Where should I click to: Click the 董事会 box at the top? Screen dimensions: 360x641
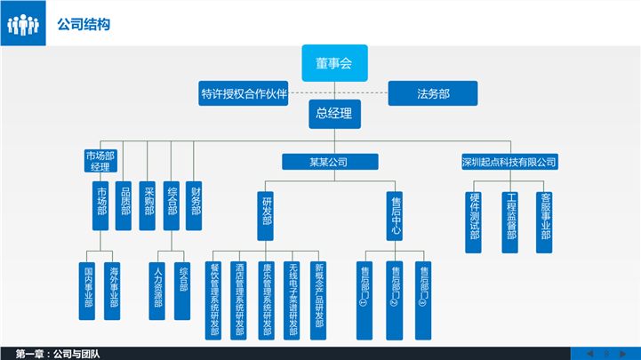(x=333, y=62)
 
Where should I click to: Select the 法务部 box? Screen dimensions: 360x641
(x=432, y=92)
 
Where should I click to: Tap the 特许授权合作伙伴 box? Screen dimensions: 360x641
(x=244, y=93)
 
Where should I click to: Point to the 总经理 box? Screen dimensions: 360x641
(x=333, y=113)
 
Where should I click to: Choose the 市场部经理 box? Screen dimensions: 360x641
(x=100, y=161)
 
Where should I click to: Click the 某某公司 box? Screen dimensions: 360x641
(x=327, y=162)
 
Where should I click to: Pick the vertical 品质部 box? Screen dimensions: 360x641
(x=125, y=205)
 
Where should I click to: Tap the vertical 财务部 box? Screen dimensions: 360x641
(x=196, y=205)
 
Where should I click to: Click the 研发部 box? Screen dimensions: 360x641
(x=266, y=216)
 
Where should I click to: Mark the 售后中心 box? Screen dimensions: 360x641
(x=396, y=216)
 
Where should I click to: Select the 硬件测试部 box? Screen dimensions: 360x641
(x=475, y=221)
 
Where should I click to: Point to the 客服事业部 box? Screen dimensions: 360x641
(x=545, y=221)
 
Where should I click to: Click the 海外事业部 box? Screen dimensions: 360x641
(x=111, y=290)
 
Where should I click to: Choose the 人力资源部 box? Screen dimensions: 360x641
(x=157, y=290)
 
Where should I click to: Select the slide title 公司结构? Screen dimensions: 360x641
(x=83, y=25)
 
